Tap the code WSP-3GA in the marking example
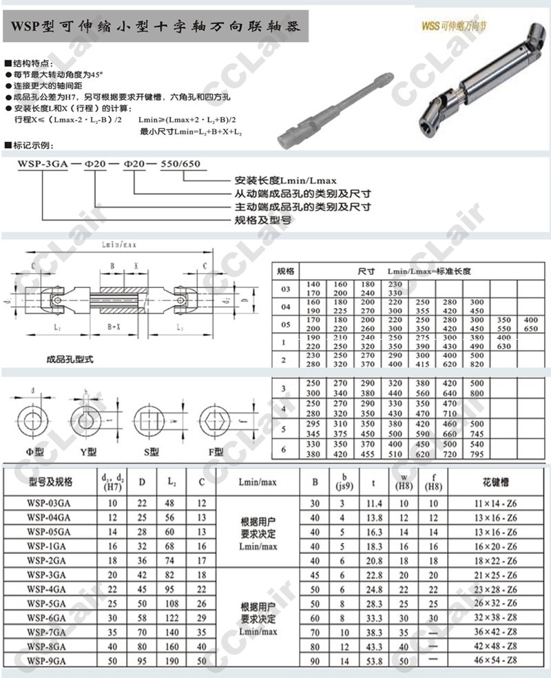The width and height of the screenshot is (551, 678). click(42, 164)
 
